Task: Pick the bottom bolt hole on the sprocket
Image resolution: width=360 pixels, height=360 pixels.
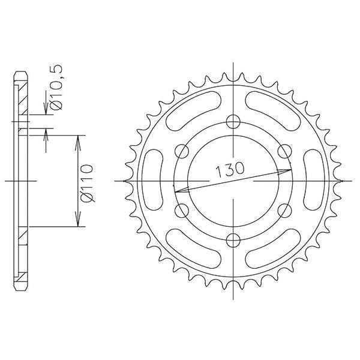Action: [232, 241]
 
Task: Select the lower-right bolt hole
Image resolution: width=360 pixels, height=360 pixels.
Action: [284, 210]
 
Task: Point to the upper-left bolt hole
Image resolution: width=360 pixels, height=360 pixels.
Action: [180, 150]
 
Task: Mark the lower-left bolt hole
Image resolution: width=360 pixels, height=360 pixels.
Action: [180, 210]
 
